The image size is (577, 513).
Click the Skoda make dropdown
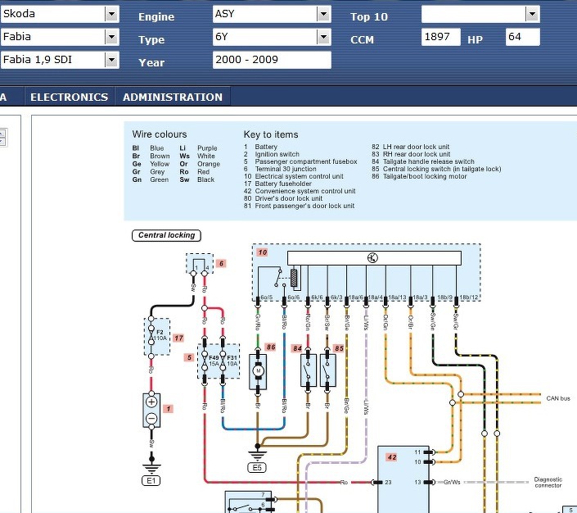tap(59, 14)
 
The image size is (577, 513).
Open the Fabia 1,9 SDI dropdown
tap(59, 60)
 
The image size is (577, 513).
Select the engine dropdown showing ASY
tap(270, 14)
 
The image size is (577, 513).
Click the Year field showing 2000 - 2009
tap(271, 60)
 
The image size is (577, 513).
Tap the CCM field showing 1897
tap(441, 37)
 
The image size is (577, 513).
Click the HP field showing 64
tap(522, 37)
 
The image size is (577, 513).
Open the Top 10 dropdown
tap(480, 14)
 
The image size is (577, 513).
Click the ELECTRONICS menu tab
tap(69, 97)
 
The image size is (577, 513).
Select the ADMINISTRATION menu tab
tap(173, 97)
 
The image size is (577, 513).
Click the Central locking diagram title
tap(166, 235)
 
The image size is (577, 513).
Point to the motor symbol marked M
tap(259, 371)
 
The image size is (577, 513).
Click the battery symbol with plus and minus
tap(151, 410)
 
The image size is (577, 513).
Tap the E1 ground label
tap(151, 481)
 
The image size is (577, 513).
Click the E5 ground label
tap(258, 468)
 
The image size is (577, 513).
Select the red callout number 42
tap(392, 457)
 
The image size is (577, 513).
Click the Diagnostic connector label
tap(548, 483)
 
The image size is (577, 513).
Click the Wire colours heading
tap(160, 134)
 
